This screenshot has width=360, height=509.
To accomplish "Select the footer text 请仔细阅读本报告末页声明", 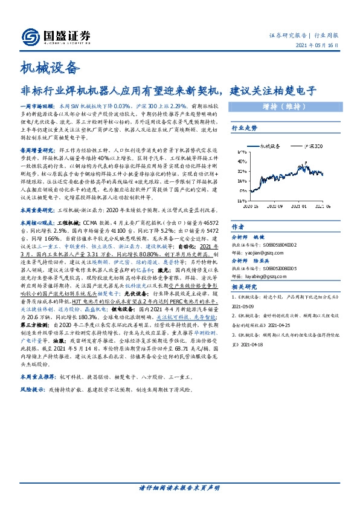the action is coord(179,488).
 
